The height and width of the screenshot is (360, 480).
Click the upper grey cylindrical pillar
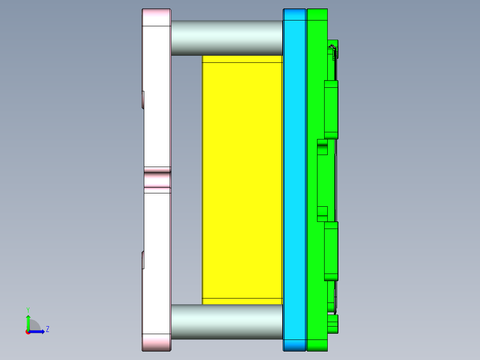tap(227, 38)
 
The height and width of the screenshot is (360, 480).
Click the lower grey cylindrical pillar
tap(227, 322)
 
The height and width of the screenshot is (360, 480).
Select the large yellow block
tap(242, 178)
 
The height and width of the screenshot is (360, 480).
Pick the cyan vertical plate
tap(294, 178)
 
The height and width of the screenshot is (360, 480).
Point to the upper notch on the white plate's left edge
tap(143, 99)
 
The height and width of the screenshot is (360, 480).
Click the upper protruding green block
tap(331, 109)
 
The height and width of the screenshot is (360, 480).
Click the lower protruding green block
tap(331, 251)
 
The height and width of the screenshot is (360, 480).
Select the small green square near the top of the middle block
tap(322, 147)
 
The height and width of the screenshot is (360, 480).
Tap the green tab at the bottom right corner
tap(333, 323)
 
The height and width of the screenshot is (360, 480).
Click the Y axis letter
tap(28, 309)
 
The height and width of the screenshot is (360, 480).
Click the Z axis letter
tap(47, 329)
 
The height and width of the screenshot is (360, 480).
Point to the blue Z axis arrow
tap(38, 331)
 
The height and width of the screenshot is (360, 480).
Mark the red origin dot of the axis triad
tap(28, 332)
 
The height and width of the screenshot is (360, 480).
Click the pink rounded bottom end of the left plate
tap(156, 342)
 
